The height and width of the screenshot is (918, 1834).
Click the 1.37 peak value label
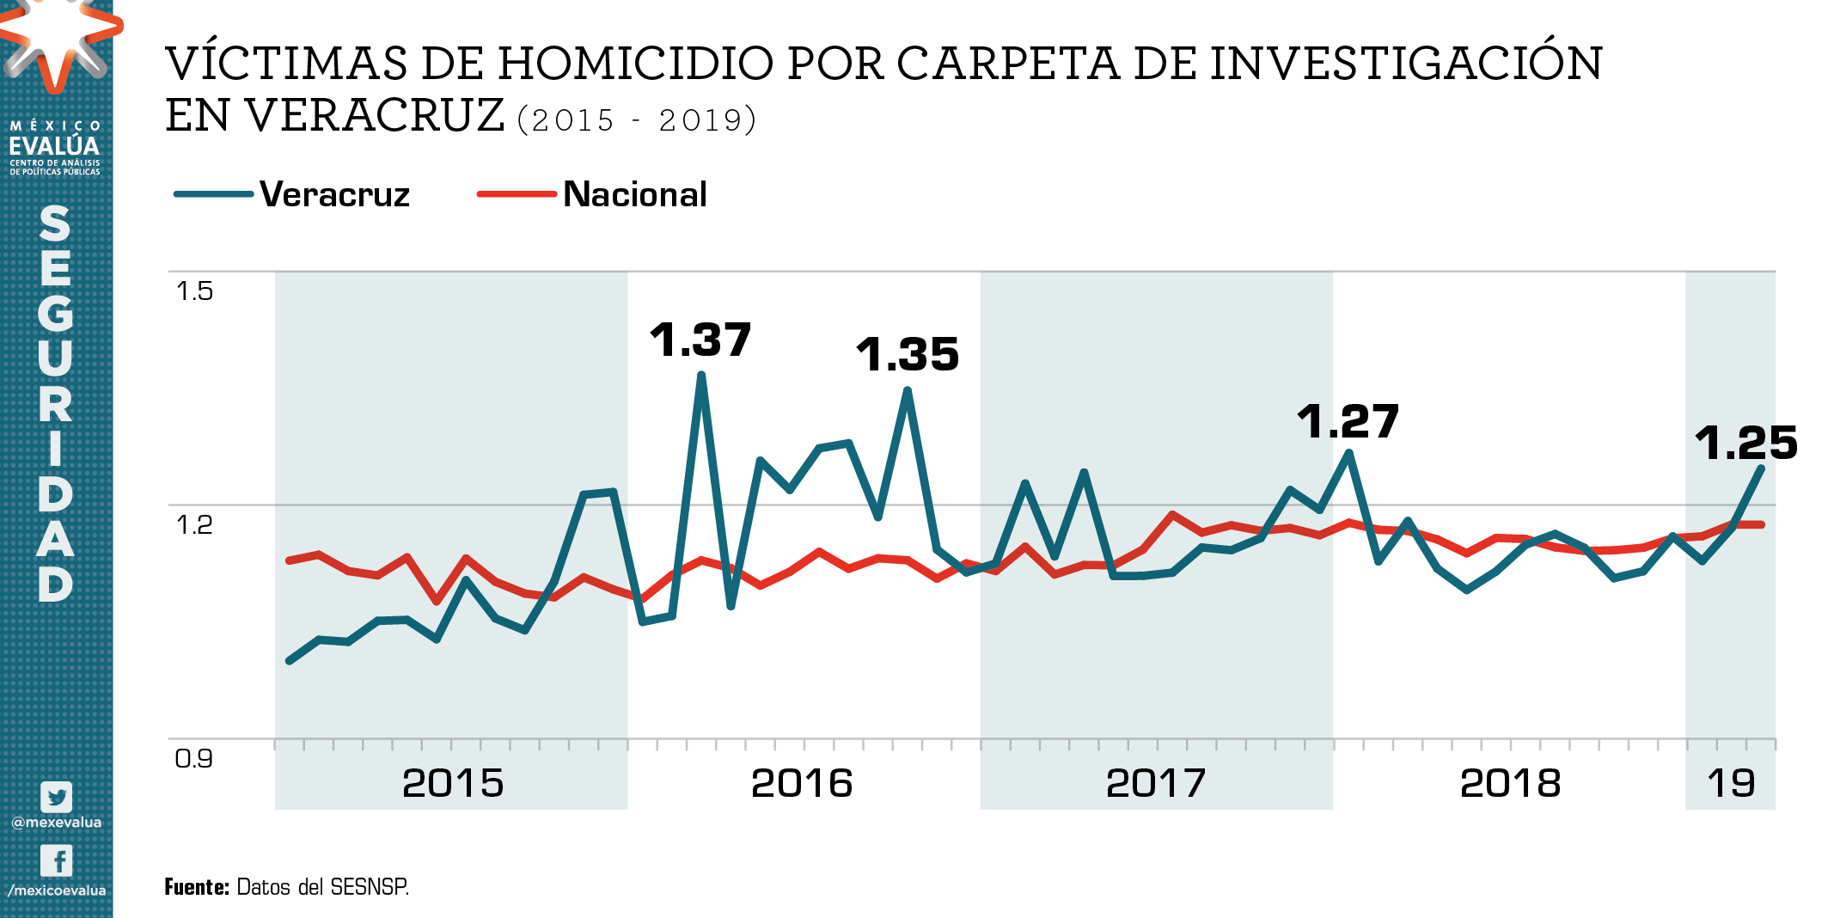pos(700,340)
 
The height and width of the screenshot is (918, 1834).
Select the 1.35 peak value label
pos(908,354)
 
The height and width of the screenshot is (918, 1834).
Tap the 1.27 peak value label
pos(1348,421)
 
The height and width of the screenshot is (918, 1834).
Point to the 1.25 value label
pos(1745,443)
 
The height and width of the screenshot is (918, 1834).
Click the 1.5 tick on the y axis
pos(194,291)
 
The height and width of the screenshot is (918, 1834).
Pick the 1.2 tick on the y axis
pos(194,524)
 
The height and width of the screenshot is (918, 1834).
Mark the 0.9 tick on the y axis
pos(194,758)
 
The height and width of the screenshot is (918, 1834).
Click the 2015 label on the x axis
pos(453,783)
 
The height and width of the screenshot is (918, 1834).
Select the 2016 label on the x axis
pos(802,783)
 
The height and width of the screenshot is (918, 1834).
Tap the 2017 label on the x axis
pos(1156,783)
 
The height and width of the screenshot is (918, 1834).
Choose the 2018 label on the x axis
pos(1510,783)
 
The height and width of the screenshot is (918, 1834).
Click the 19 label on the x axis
pos(1731,783)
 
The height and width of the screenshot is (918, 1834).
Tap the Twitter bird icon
pos(57,797)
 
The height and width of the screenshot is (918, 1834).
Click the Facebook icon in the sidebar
pos(57,860)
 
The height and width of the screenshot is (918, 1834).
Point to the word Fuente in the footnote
pos(196,887)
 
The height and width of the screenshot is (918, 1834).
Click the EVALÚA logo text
pos(55,145)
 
